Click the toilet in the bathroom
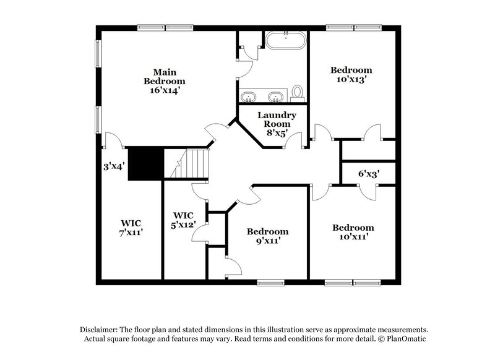tap(297, 93)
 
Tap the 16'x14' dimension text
tap(164, 90)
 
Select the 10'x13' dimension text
tap(351, 80)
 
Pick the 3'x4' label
tap(114, 166)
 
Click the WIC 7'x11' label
tap(131, 227)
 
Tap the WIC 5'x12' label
tap(184, 220)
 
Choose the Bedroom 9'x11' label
tap(267, 236)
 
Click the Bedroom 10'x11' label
tap(353, 232)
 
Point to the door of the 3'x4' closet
tap(111, 141)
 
